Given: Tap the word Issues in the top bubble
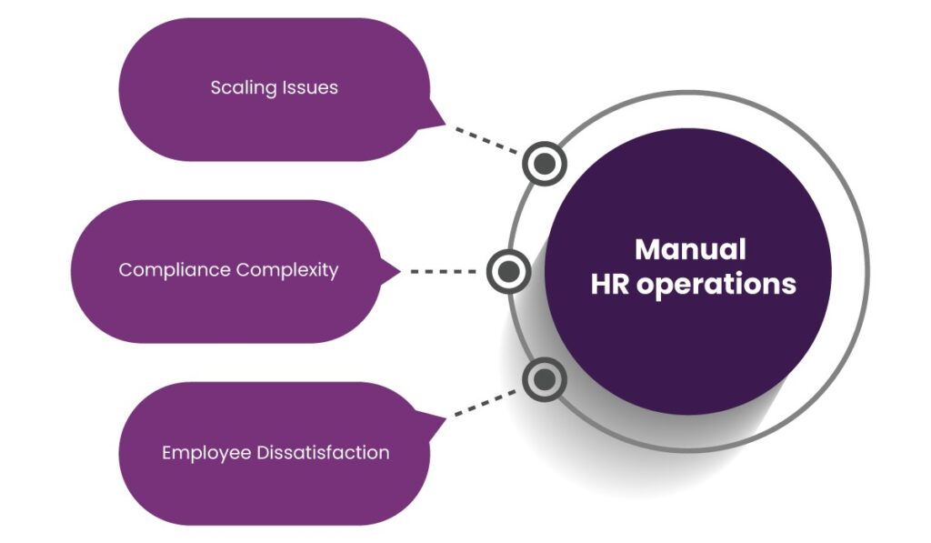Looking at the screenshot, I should point(307,88).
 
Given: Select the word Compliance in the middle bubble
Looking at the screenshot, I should point(175,270).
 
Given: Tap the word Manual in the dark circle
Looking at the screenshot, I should point(690,249).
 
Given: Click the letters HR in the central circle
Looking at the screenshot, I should point(610,284).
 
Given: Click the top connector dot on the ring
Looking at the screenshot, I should point(545,164).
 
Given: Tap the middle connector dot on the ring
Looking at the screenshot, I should point(508,271).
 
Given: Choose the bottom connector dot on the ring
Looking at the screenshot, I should point(545,378).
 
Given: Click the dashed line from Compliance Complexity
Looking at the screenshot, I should point(444,271).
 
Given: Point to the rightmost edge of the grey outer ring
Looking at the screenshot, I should point(869,271).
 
